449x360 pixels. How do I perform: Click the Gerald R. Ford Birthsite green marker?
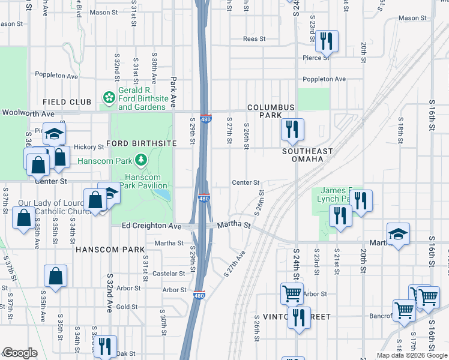[x=109, y=97]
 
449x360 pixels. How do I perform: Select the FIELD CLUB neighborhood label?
[x=67, y=102]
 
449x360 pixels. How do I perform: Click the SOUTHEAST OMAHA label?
[x=307, y=155]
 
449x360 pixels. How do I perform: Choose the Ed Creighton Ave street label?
[x=151, y=226]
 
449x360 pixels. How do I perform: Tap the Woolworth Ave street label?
[x=28, y=113]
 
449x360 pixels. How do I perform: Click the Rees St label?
[x=254, y=39]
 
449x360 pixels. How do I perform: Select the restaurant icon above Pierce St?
[x=326, y=41]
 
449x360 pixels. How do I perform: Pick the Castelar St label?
[x=169, y=274]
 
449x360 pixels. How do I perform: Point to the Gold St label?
[x=127, y=307]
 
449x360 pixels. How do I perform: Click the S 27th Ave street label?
[x=235, y=264]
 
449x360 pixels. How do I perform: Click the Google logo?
[x=20, y=353]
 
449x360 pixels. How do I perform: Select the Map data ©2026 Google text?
[x=411, y=355]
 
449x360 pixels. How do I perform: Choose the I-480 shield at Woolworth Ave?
[x=205, y=119]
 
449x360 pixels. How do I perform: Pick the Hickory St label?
[x=89, y=147]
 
